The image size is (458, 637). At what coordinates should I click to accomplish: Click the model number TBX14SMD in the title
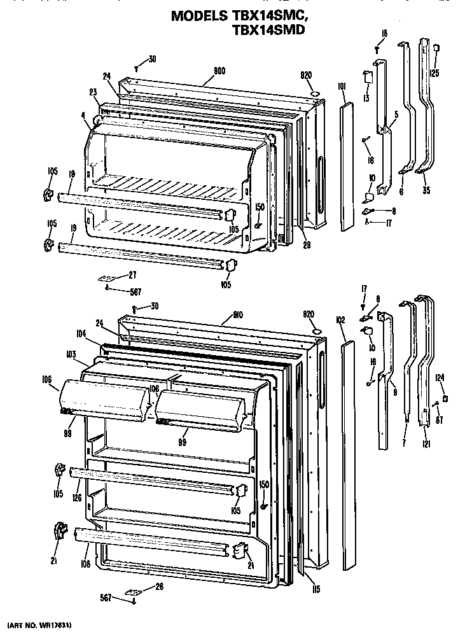pyautogui.click(x=265, y=29)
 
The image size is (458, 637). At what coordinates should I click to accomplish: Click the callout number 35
pyautogui.click(x=425, y=189)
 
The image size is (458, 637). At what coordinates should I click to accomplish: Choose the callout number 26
pyautogui.click(x=159, y=586)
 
